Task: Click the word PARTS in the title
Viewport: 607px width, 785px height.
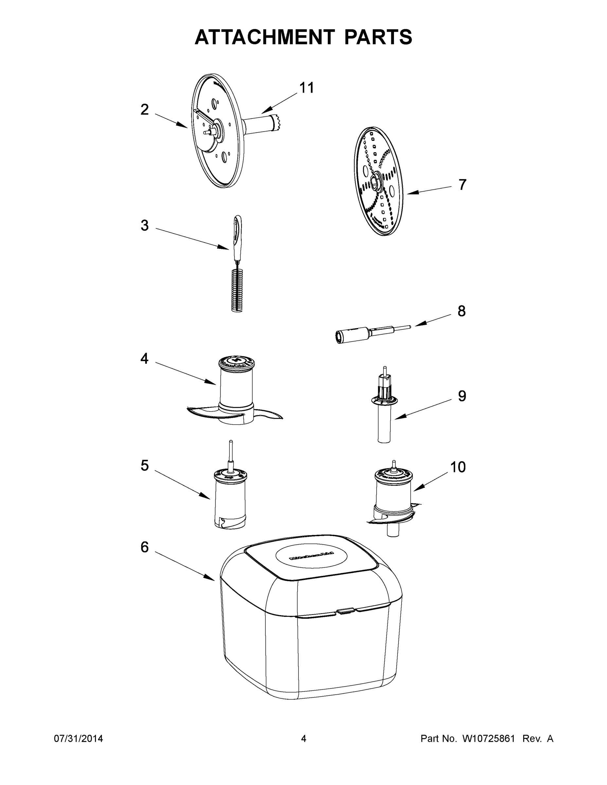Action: tap(378, 37)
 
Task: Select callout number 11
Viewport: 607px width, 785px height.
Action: tap(307, 88)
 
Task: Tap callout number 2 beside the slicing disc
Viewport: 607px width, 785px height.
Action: tap(145, 110)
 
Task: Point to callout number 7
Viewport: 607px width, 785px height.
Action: tap(462, 184)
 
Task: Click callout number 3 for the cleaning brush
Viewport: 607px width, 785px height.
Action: tap(145, 226)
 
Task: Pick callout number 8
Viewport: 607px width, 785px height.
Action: tap(461, 311)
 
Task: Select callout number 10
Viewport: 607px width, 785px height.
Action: tap(458, 467)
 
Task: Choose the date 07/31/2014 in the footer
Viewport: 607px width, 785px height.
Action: tap(79, 739)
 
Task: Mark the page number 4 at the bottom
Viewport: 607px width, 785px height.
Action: tap(304, 739)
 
